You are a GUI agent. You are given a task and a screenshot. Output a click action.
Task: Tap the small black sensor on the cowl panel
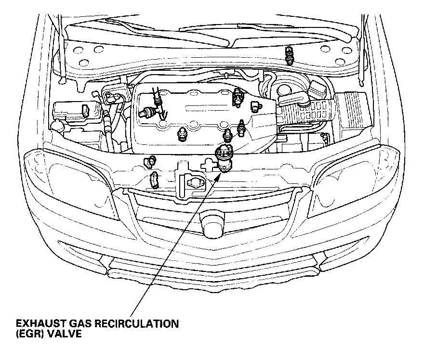[x=289, y=55]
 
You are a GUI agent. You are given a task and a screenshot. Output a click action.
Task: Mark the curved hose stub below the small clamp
[x=154, y=179]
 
